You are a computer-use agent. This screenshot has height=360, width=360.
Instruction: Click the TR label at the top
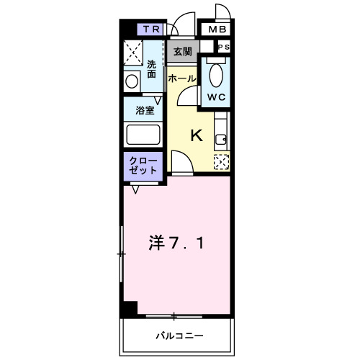[x=150, y=29]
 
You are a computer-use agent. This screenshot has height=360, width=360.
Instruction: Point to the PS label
[x=224, y=47]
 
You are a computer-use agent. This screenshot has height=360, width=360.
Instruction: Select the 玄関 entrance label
[x=182, y=52]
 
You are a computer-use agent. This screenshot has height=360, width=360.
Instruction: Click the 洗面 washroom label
[x=152, y=69]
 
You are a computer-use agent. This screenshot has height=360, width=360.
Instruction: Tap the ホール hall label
[x=182, y=78]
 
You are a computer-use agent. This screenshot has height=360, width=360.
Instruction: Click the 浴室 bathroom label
[x=145, y=111]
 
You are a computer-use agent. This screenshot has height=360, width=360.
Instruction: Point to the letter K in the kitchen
[x=195, y=135]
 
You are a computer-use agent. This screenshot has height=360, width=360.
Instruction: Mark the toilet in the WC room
[x=215, y=73]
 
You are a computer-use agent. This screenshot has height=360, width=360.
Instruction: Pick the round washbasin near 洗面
[x=132, y=81]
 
